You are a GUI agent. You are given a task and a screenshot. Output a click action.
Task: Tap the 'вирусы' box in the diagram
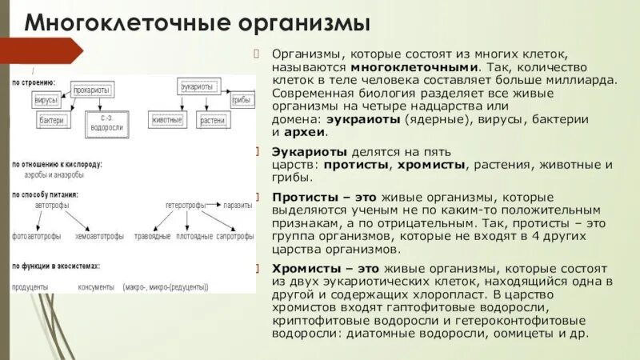(x=46, y=102)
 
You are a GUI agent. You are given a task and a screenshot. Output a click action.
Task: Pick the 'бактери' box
(x=52, y=120)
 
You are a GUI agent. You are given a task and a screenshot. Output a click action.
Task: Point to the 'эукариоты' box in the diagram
(x=195, y=86)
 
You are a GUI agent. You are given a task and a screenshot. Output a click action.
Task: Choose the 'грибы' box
(x=242, y=101)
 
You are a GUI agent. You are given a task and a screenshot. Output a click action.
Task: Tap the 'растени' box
(x=213, y=120)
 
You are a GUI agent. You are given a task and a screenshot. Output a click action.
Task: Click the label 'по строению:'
(x=33, y=82)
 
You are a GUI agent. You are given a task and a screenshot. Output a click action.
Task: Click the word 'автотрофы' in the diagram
(x=52, y=206)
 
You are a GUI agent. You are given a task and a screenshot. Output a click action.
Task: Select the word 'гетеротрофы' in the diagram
(x=186, y=206)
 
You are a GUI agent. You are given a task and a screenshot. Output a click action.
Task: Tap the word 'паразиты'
(x=238, y=206)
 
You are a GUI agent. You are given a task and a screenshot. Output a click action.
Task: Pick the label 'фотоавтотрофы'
(x=34, y=237)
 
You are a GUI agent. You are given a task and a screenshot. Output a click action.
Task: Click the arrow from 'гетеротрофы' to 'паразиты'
(x=214, y=206)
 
